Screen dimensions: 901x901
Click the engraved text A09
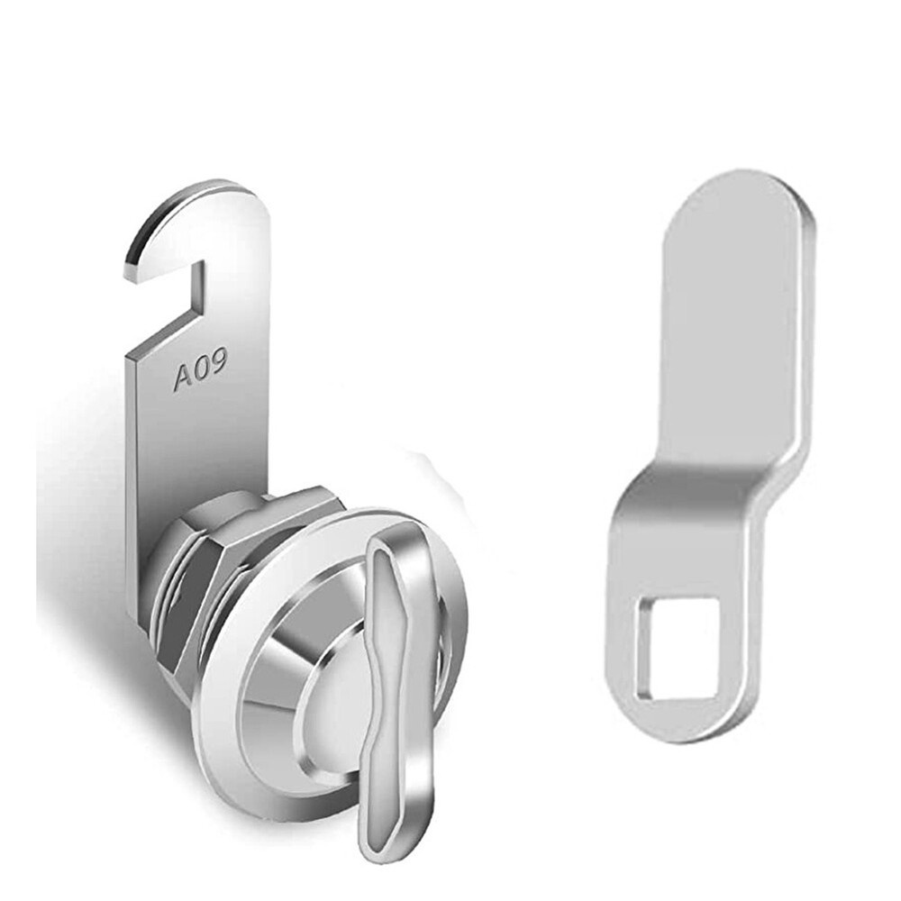click(x=200, y=370)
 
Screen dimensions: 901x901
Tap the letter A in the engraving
click(x=181, y=378)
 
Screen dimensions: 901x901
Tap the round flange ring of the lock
click(x=234, y=721)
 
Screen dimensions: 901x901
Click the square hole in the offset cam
click(x=678, y=649)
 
